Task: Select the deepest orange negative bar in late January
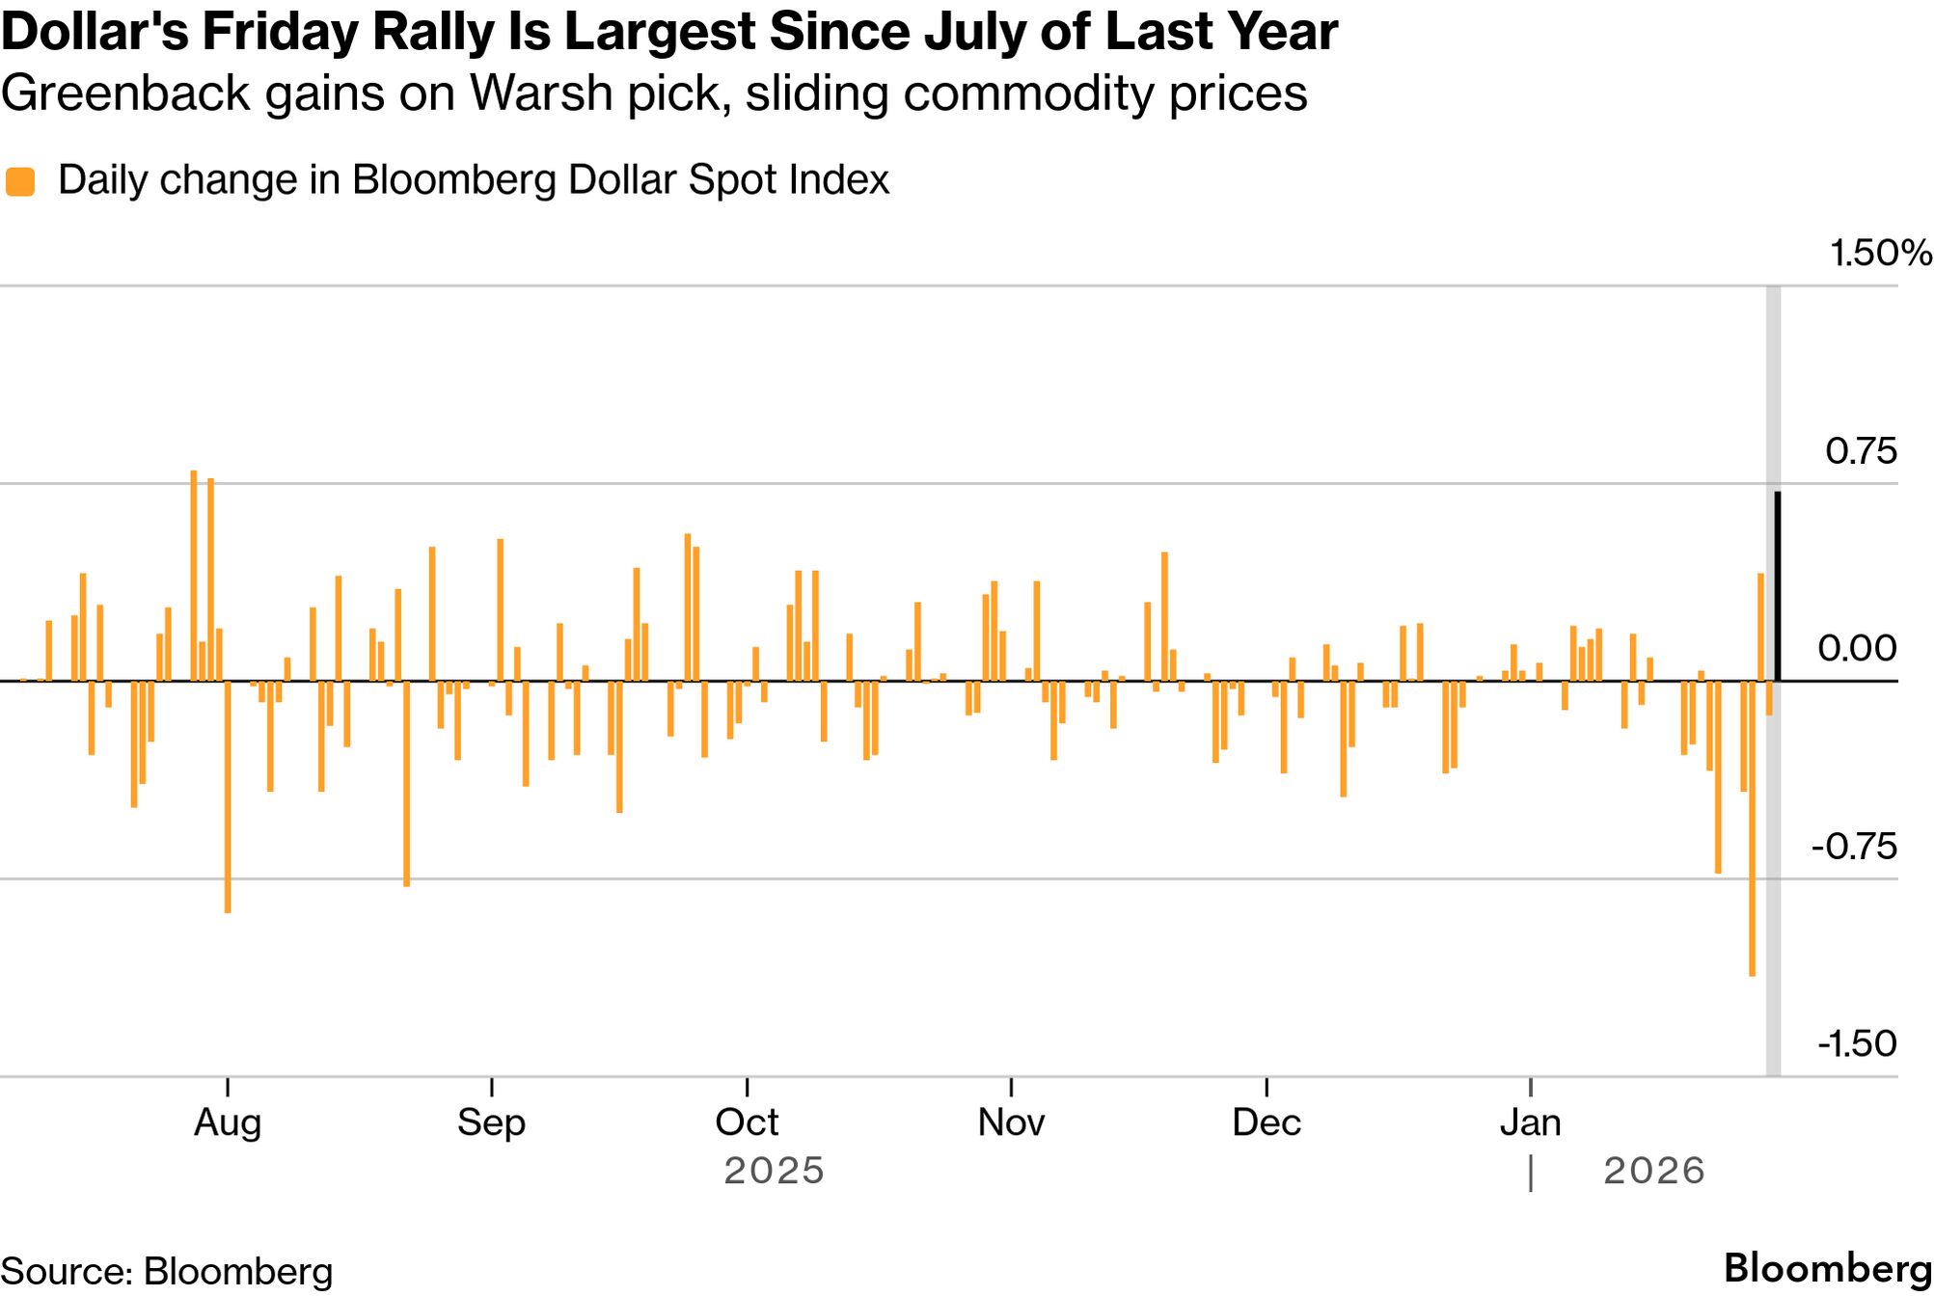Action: tap(1752, 829)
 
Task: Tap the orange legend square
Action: tap(20, 181)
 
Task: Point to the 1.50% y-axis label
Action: tap(1880, 253)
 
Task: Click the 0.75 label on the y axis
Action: tap(1861, 451)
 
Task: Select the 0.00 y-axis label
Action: tap(1857, 649)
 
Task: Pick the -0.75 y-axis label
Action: tap(1854, 847)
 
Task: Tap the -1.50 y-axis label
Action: tap(1857, 1044)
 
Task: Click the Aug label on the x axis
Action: tap(228, 1122)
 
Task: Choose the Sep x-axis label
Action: tap(491, 1122)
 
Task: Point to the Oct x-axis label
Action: tap(747, 1122)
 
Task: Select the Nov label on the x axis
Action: tap(1011, 1122)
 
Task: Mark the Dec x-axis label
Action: tap(1267, 1122)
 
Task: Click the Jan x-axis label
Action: tap(1531, 1122)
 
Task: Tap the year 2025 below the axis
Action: tap(775, 1172)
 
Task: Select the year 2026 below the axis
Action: tap(1654, 1172)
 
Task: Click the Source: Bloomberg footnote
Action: tap(167, 1271)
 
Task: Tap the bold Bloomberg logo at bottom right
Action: tap(1827, 1269)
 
